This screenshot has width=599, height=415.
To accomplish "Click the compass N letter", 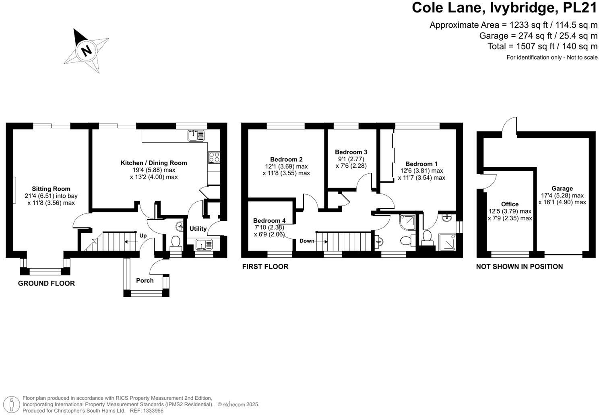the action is point(86,51).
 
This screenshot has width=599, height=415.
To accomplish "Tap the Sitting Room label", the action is point(51,189).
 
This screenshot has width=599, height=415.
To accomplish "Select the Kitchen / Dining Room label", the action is point(154,163).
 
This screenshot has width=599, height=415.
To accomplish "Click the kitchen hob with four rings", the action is point(214,156).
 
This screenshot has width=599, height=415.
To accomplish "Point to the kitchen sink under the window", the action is point(196,136).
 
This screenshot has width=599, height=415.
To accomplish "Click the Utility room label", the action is point(198,228).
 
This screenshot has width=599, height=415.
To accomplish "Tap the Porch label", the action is point(145,280).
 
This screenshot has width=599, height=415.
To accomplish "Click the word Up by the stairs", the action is point(143,236).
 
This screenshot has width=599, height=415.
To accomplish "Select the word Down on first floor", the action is point(307,241).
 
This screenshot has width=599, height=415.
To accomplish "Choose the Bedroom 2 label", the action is point(286,159).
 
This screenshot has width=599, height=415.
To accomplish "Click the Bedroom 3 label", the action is point(351,152).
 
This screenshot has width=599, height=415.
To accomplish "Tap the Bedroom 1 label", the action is point(421,164).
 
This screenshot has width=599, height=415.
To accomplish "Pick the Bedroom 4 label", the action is point(269,220).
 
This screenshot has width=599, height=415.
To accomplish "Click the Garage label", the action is point(562,188).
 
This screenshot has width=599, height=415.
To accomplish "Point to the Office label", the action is point(510,204).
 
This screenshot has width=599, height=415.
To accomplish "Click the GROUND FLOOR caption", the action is point(46,284).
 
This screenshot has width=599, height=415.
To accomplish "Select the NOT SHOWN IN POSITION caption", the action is point(519,267).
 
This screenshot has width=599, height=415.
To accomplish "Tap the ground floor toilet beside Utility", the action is point(176,242).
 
